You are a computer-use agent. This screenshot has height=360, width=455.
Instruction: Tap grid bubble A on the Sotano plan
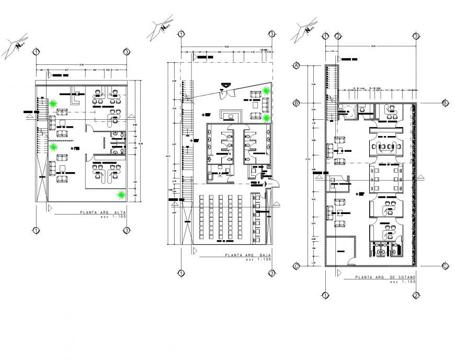click(296, 66)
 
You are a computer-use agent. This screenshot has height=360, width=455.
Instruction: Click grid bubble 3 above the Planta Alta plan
click(127, 52)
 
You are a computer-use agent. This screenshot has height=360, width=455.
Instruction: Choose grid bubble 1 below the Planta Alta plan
click(36, 230)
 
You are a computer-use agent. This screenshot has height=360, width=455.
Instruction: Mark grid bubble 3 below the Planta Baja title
click(272, 273)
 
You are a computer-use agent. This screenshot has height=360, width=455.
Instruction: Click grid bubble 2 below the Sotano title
click(415, 296)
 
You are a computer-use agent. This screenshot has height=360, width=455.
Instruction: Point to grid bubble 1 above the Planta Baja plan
click(180, 34)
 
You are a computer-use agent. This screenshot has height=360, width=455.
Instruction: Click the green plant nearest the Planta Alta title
click(122, 195)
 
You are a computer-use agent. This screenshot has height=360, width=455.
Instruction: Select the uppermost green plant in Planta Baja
click(267, 91)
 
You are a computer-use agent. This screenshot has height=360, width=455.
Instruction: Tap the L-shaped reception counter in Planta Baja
click(231, 114)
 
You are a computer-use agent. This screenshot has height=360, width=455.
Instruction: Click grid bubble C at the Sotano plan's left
click(296, 265)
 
